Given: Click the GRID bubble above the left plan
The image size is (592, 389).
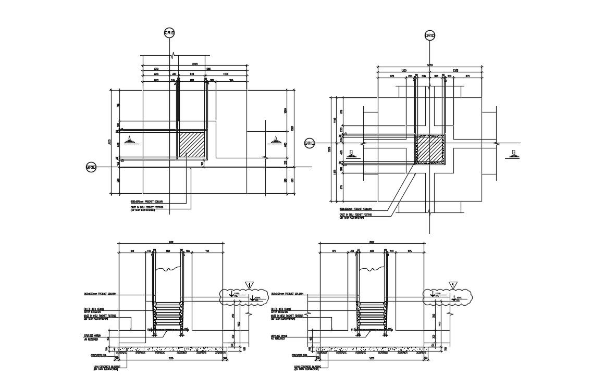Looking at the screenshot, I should click(169, 33).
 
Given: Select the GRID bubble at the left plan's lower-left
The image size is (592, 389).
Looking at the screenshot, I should click(91, 167).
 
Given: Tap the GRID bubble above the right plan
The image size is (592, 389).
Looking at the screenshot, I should click(429, 35).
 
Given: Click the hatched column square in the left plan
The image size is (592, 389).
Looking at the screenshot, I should click(192, 144).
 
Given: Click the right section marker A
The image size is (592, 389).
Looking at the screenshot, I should click(274, 140).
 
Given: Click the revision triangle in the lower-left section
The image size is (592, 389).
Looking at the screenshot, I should click(250, 285).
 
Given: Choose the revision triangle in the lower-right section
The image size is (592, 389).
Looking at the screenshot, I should click(453, 285).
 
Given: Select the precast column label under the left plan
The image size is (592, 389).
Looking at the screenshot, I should click(147, 201).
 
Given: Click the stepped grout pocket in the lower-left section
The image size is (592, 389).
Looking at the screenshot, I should click(168, 315).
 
